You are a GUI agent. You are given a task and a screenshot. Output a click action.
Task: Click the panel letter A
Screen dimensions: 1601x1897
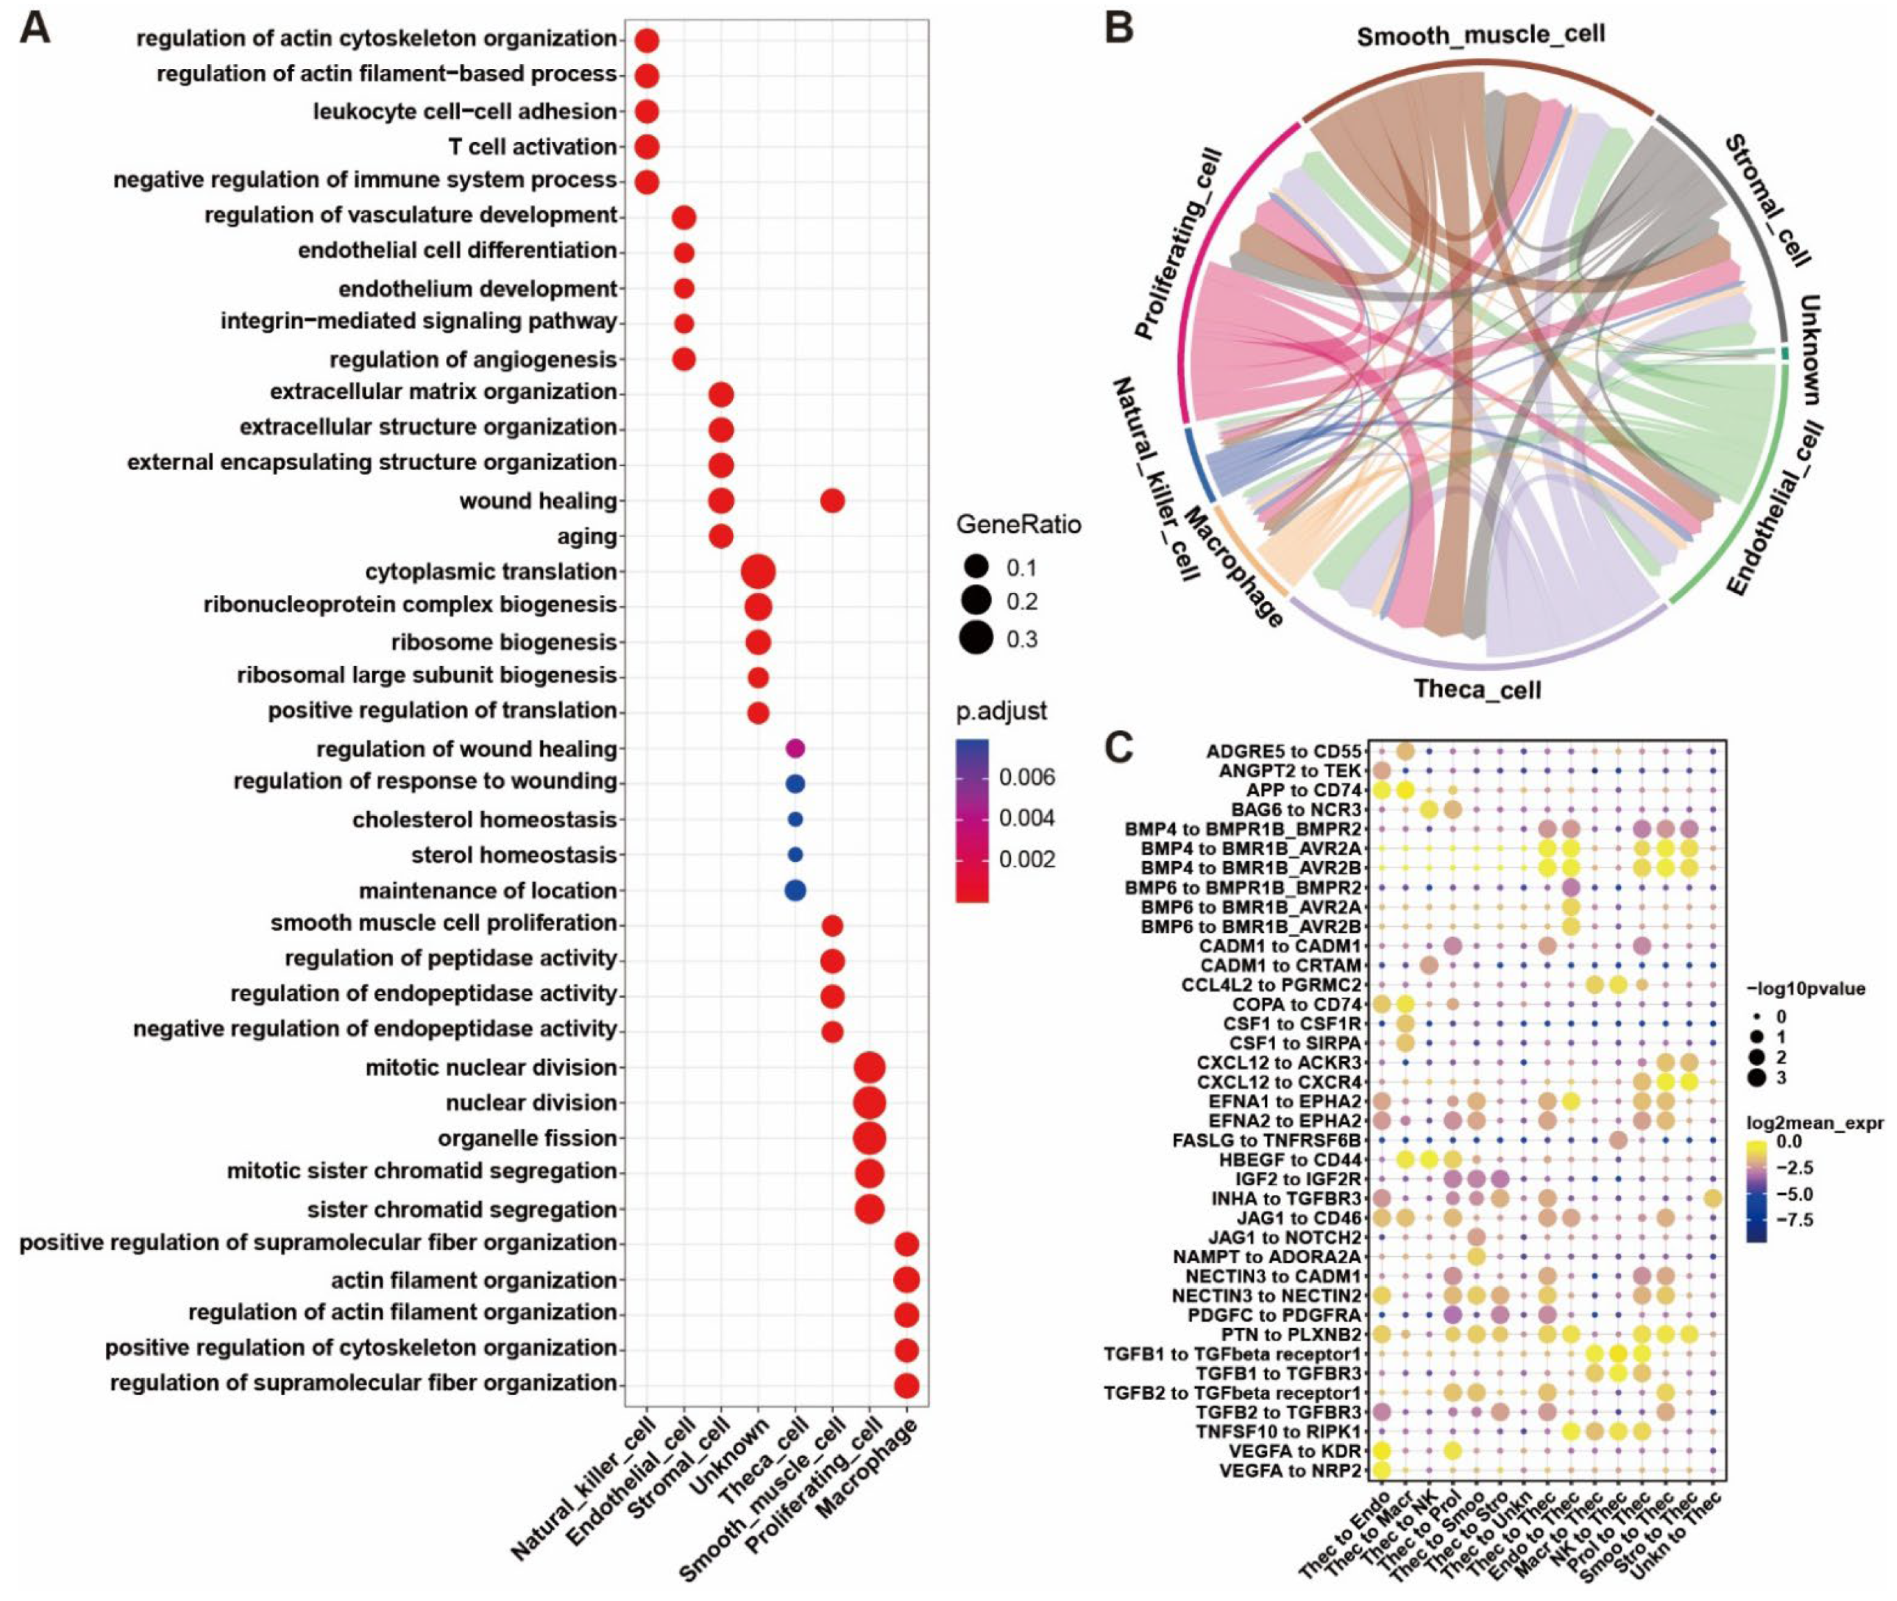(x=35, y=27)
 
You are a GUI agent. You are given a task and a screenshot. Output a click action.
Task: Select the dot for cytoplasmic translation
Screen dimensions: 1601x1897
(x=757, y=573)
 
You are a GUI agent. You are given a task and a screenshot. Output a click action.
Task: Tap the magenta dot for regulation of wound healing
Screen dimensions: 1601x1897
(x=794, y=749)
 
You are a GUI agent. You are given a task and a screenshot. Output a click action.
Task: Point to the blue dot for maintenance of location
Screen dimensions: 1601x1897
(x=794, y=890)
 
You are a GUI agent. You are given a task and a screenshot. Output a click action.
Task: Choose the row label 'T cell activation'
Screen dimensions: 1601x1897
(x=533, y=146)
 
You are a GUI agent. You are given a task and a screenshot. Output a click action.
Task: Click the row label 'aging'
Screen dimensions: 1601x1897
(x=587, y=536)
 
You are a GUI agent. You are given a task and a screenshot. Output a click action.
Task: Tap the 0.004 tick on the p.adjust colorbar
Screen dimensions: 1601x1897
(x=1027, y=818)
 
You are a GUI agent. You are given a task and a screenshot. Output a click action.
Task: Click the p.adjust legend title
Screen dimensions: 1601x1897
(x=1001, y=711)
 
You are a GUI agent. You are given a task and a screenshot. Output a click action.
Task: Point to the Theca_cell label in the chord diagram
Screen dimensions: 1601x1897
(x=1477, y=690)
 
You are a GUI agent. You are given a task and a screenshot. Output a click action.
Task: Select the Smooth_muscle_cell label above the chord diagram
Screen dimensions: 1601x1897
(x=1480, y=36)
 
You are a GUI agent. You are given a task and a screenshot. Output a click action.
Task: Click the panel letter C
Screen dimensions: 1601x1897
(x=1119, y=746)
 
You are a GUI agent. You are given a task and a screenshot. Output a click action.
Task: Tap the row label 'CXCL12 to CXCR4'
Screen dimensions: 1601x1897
(x=1279, y=1081)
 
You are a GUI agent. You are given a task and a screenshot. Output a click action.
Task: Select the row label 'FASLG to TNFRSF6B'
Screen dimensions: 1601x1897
(x=1268, y=1139)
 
